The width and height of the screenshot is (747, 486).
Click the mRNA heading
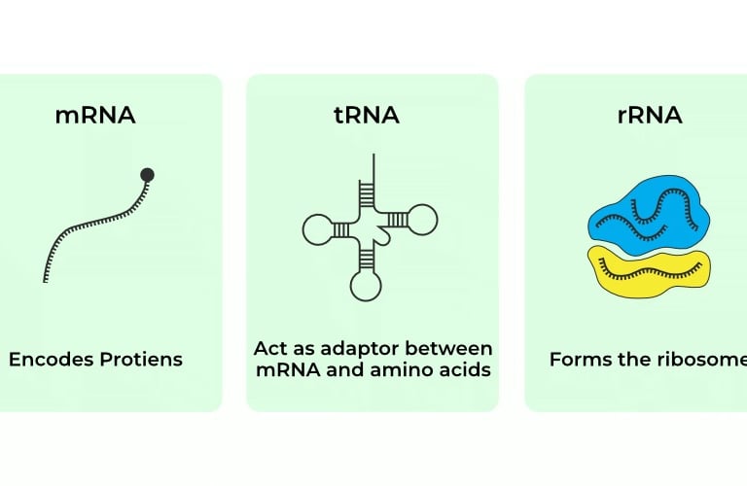pos(95,116)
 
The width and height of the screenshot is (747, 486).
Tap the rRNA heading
pos(650,116)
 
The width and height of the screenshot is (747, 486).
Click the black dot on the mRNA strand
pos(147,175)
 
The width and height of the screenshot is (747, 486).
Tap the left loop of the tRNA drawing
pos(318,230)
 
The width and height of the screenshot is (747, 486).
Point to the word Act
pos(271,348)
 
